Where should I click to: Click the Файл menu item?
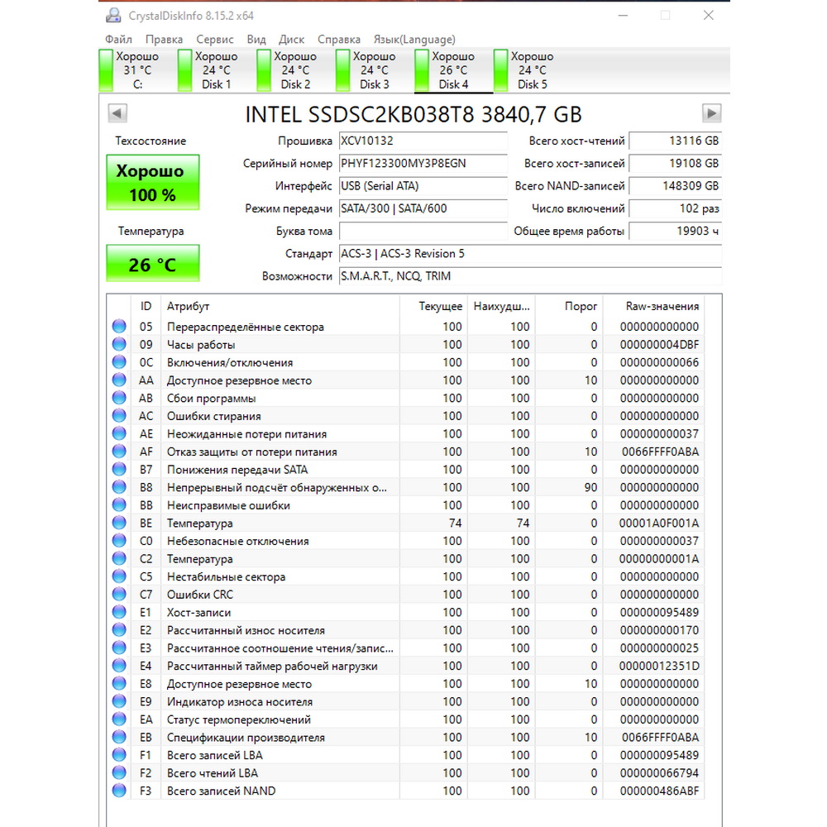point(119,39)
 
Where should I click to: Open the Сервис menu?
point(215,39)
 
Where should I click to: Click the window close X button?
point(708,15)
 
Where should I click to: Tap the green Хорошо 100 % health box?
point(153,183)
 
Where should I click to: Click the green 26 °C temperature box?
point(153,265)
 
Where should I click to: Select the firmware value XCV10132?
point(367,141)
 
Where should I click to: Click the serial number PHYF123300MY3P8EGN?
point(404,164)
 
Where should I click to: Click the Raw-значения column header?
point(662,306)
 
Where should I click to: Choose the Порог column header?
point(581,306)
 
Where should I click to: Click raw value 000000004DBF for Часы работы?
point(659,345)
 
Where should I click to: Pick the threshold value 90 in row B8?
point(590,488)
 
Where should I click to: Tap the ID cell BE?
point(146,523)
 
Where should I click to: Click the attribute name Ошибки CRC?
point(200,595)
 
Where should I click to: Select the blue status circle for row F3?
point(119,791)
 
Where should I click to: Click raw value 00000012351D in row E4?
point(659,667)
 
